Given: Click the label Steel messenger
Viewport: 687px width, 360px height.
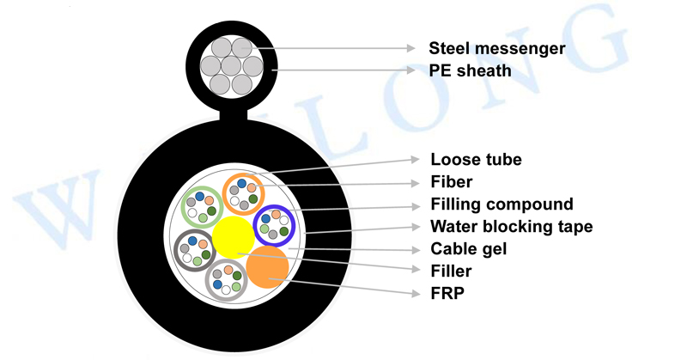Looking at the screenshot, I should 497,48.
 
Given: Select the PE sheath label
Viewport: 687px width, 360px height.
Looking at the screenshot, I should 471,70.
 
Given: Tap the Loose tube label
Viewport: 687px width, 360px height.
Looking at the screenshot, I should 476,159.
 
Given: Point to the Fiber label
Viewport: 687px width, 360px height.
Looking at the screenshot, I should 452,182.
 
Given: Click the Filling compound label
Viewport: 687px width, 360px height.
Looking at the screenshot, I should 502,204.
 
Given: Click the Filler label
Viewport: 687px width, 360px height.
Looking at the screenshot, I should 451,272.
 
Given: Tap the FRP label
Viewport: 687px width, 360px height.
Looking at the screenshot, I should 447,294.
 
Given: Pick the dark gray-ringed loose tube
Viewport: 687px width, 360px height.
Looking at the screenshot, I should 194,250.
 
